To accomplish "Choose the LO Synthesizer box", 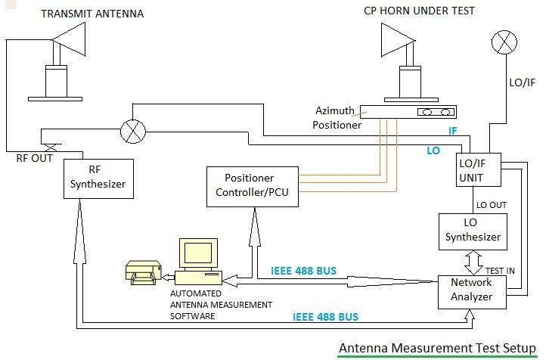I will pos(470,230).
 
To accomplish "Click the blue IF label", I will pos(453,131).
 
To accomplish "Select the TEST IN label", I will pos(500,270).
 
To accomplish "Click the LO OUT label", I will pos(492,205).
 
